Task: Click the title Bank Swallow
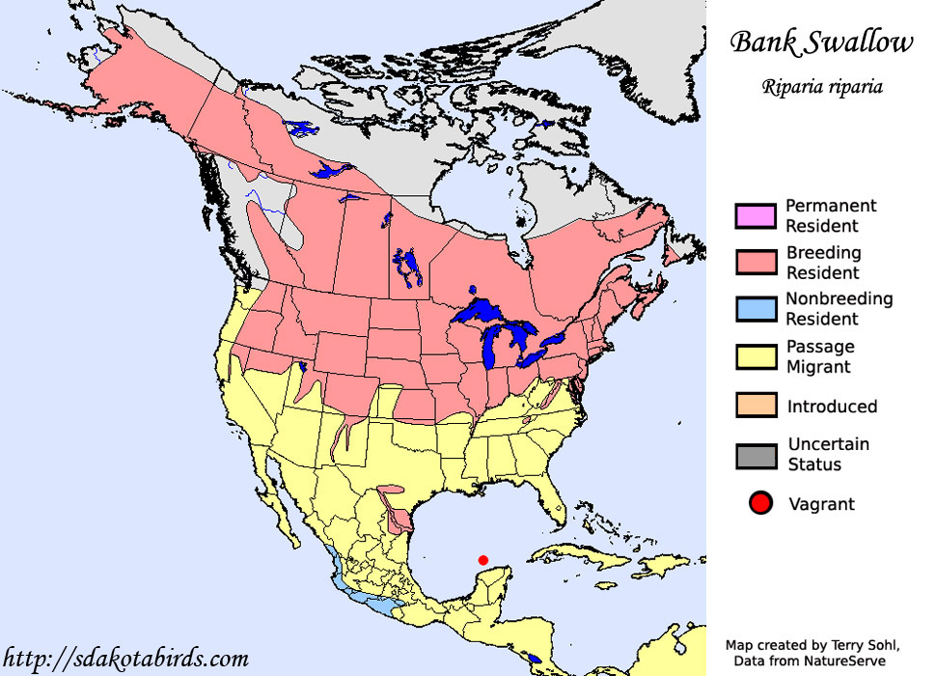click(820, 43)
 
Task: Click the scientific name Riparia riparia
click(821, 86)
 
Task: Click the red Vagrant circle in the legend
click(760, 503)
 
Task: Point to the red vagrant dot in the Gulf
click(483, 559)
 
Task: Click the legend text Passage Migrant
click(820, 356)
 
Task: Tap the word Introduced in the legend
click(832, 407)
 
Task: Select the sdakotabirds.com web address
click(125, 659)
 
